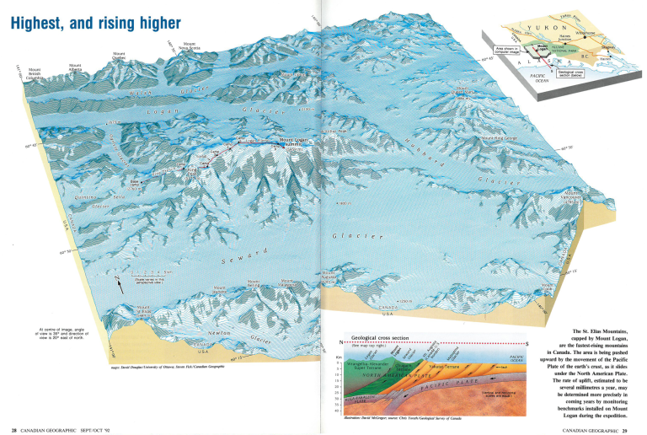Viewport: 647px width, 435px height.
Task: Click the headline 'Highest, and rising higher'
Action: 94,19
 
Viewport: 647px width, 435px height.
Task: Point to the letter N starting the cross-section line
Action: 342,342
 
